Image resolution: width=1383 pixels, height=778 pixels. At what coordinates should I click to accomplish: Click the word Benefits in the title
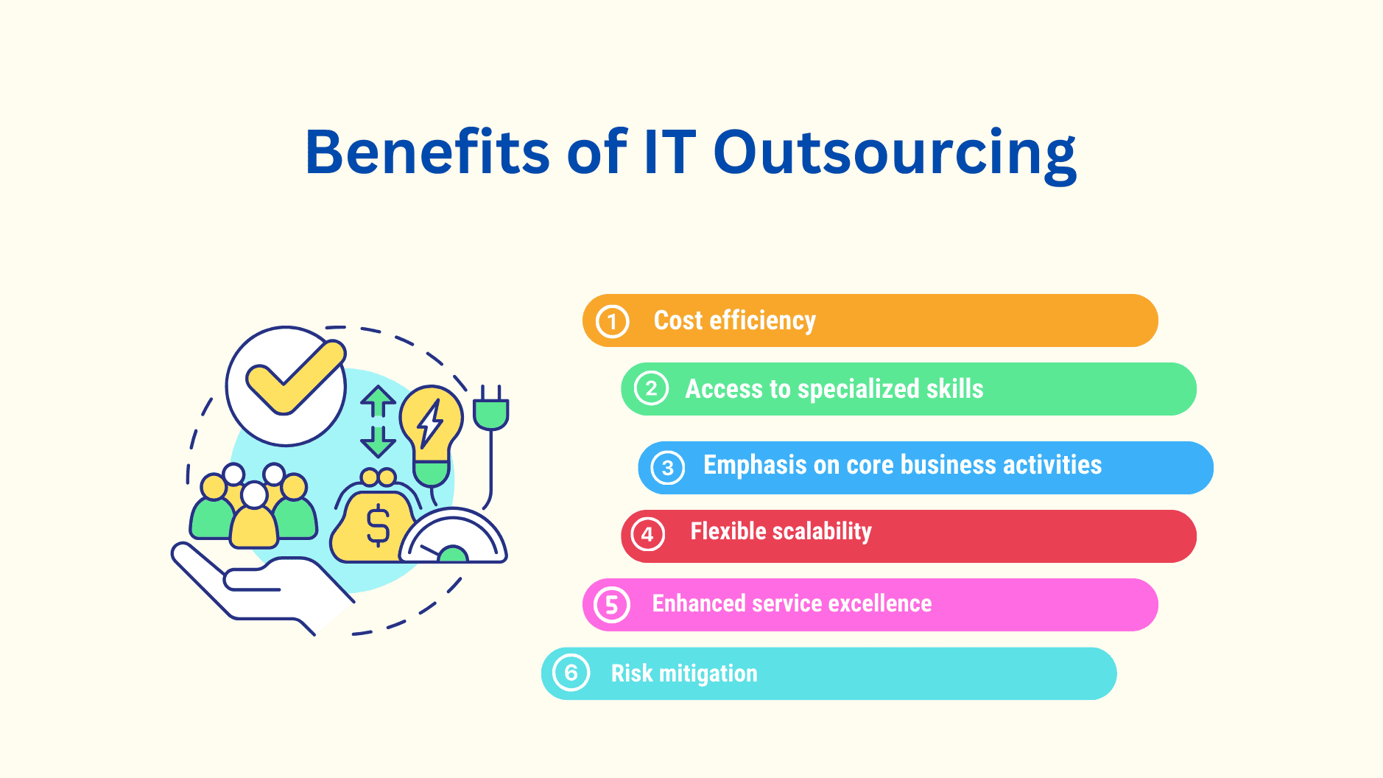coord(427,152)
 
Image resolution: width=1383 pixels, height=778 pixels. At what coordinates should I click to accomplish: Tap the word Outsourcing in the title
coord(894,152)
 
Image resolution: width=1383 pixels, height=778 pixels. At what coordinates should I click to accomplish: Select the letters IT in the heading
coord(669,152)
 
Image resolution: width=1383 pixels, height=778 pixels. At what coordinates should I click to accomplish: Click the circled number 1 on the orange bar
coord(612,321)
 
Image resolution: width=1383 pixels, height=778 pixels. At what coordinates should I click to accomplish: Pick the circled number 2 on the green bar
coord(651,389)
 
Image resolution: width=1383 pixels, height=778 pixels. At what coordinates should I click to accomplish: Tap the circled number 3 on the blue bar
coord(668,468)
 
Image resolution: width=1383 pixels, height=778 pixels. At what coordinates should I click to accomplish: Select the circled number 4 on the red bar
coord(648,535)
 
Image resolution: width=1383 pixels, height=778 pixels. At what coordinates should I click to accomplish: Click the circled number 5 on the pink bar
coord(612,605)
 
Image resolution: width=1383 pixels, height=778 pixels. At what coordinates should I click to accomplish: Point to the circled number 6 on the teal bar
coord(571,673)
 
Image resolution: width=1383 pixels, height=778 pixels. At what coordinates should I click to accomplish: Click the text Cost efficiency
coord(734,320)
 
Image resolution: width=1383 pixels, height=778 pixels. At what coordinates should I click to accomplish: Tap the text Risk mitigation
coord(683,673)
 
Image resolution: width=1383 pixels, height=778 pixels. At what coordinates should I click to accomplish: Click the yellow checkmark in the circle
coord(293,376)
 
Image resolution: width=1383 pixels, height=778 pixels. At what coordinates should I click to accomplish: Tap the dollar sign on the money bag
coord(378,525)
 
